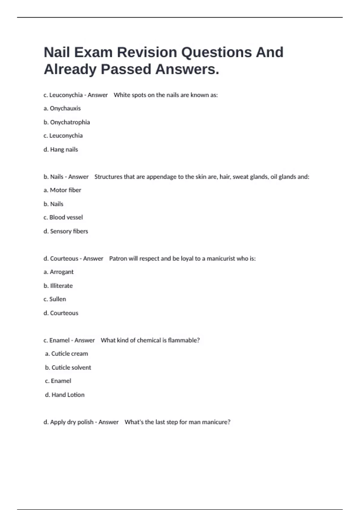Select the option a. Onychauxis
coord(62,108)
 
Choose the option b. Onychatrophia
coord(67,122)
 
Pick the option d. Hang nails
coord(61,149)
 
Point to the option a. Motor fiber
coord(62,190)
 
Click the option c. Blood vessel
coord(63,217)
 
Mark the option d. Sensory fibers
coord(66,231)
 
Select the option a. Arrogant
coord(58,272)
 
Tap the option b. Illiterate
coord(58,286)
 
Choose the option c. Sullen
coord(55,299)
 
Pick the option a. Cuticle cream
coord(67,354)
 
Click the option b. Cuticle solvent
coord(68,367)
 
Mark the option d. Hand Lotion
coord(65,395)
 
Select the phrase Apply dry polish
coord(72,422)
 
